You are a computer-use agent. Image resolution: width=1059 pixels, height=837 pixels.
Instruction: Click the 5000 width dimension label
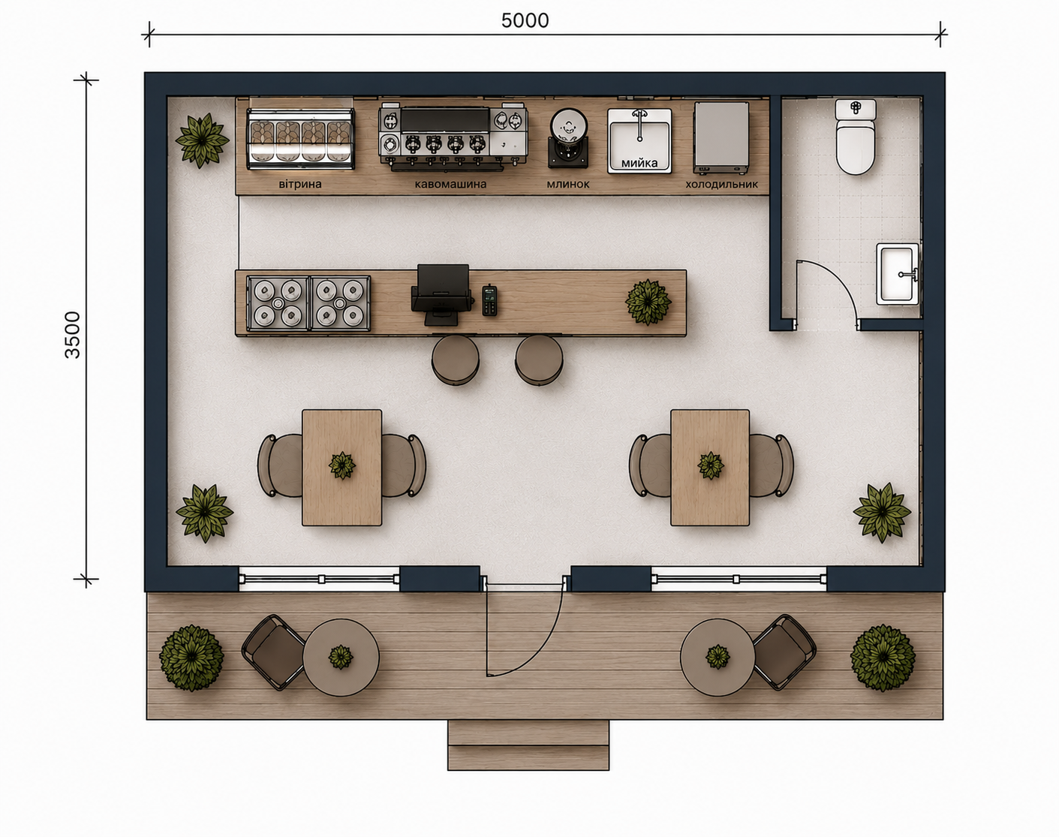coord(525,21)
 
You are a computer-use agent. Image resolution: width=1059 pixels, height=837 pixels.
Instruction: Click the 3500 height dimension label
coord(73,335)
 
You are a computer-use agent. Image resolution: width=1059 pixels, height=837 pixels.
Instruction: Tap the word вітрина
coord(300,184)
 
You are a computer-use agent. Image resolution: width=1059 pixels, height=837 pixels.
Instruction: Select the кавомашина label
coord(450,184)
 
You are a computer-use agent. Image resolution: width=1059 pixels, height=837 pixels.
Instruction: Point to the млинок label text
coord(568,184)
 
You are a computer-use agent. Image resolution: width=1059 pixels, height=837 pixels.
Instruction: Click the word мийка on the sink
coord(639,163)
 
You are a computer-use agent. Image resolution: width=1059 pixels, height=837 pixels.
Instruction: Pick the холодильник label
coord(721,184)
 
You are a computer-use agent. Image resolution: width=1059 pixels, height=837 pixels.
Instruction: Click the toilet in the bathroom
coord(856,137)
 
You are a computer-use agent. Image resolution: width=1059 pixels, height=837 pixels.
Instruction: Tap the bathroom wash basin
coord(898,274)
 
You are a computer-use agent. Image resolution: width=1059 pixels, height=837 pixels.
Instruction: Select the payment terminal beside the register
coord(489,300)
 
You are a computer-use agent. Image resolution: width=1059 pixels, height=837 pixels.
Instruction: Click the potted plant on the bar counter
coord(648,302)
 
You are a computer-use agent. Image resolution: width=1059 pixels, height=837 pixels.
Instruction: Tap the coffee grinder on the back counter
coord(568,137)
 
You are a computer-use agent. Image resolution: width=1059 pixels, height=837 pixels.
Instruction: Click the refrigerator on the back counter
coord(721,137)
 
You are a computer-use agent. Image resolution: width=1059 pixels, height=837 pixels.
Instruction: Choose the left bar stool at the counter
coord(455,360)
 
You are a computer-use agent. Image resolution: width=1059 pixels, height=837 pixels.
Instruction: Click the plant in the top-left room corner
coord(202,140)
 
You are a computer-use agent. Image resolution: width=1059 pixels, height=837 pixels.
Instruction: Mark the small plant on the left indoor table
coord(342,465)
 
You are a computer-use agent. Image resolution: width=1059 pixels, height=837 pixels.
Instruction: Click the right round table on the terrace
coord(718,658)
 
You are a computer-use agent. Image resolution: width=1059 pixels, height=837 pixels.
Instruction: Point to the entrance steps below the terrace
coord(528,745)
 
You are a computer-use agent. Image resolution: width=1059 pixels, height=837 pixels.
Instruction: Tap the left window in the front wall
coord(319,579)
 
